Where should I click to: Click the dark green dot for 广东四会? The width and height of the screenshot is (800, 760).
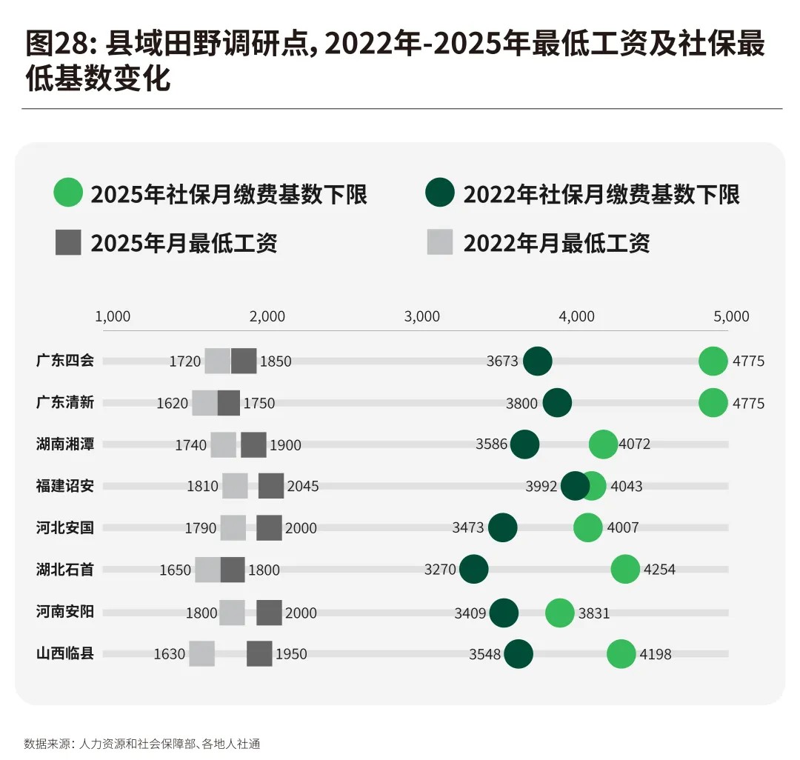tap(538, 361)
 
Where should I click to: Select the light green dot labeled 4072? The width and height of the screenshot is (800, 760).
tap(603, 444)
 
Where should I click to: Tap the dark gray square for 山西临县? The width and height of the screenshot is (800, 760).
tap(259, 654)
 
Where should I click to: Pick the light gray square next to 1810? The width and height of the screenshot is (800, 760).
tap(235, 486)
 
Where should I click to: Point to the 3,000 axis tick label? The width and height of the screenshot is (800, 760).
tap(422, 317)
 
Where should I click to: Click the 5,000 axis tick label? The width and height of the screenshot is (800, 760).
tap(732, 317)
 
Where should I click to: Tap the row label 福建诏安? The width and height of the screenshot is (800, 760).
tap(65, 487)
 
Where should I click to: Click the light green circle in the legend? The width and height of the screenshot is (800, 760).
tap(68, 194)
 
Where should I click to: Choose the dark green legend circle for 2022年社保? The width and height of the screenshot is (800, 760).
tap(440, 194)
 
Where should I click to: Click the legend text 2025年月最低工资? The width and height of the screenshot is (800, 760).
tap(184, 243)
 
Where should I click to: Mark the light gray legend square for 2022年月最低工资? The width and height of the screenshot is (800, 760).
tap(440, 242)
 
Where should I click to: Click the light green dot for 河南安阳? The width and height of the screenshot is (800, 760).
tap(559, 613)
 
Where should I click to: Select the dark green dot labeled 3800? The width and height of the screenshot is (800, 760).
tap(557, 403)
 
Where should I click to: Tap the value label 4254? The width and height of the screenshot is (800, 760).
tap(659, 570)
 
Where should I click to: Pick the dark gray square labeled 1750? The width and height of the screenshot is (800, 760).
tap(229, 403)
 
